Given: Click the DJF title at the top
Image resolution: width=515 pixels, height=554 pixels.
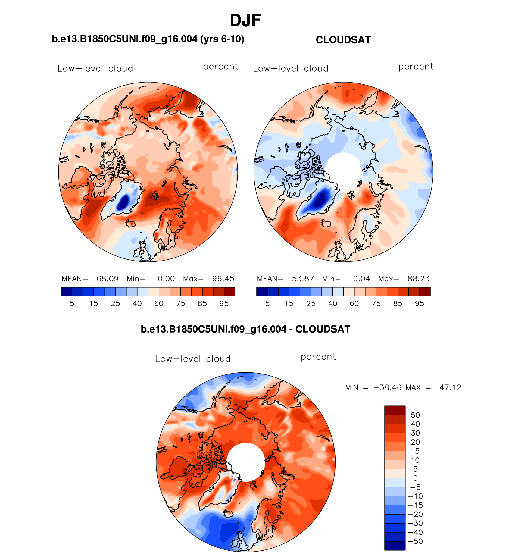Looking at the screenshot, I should (245, 20).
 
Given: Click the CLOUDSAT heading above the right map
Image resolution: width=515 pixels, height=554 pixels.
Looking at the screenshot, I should (343, 40).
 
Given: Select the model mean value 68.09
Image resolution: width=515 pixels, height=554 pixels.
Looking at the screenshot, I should (108, 279).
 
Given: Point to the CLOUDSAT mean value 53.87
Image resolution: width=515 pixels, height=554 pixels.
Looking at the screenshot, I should (303, 279).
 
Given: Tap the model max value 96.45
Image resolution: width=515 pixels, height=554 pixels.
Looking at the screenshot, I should (223, 279).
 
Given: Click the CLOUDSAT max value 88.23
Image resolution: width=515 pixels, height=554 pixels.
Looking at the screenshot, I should (418, 279).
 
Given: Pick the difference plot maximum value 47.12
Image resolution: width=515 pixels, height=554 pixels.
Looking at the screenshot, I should (450, 387).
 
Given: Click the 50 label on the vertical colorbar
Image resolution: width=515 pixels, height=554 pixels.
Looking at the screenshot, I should (415, 415).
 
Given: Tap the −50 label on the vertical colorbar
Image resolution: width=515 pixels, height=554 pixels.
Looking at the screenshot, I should (415, 541).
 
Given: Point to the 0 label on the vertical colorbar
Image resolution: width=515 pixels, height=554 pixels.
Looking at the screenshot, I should (415, 478).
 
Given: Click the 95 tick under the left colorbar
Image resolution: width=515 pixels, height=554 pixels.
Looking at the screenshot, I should (224, 304).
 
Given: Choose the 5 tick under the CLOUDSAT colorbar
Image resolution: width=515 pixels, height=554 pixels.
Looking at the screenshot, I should (267, 304).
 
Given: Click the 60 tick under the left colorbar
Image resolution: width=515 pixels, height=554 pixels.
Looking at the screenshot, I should (159, 304).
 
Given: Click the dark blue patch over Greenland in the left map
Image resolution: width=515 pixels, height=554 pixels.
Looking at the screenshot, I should (123, 202).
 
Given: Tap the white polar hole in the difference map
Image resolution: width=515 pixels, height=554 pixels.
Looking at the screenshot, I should (246, 462).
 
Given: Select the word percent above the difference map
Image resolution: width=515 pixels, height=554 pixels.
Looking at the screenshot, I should (318, 357).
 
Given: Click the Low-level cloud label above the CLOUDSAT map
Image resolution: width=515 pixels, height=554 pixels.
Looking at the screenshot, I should (291, 69).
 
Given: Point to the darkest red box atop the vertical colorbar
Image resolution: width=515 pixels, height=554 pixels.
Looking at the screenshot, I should (395, 410).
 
